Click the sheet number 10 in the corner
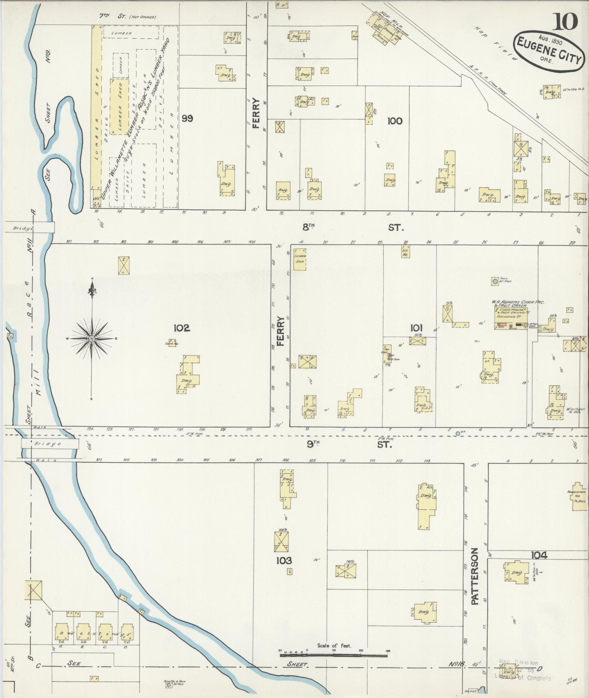click(x=565, y=21)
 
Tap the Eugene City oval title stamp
click(x=549, y=50)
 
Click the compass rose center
click(x=92, y=338)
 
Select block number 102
click(x=181, y=328)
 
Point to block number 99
click(x=188, y=119)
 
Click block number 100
click(x=395, y=121)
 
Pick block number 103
click(x=284, y=560)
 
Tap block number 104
click(x=539, y=555)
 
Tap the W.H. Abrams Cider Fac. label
click(x=518, y=302)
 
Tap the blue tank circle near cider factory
click(x=495, y=281)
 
